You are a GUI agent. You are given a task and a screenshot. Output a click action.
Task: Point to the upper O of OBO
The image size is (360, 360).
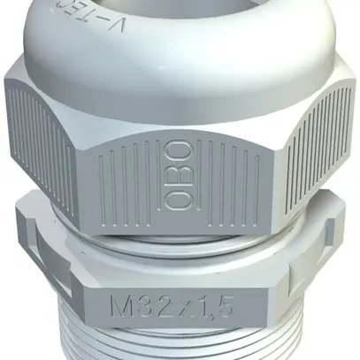(177, 151)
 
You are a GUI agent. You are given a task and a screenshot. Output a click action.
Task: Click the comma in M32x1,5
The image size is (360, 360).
(215, 314)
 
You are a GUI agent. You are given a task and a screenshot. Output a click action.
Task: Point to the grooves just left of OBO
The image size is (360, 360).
(133, 181)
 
